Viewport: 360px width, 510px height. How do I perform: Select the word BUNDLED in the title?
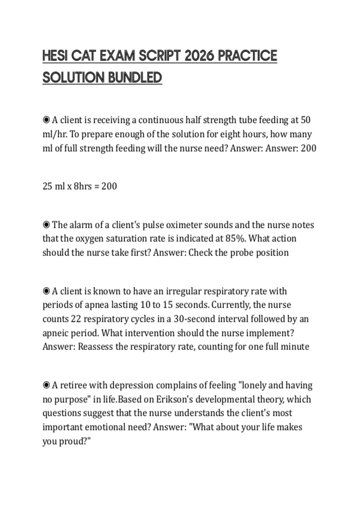click(135, 78)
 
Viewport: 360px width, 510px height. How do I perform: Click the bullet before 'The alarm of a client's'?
click(46, 225)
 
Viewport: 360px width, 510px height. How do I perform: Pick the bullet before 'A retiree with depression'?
click(46, 385)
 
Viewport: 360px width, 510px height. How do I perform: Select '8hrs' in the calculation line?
click(82, 186)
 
